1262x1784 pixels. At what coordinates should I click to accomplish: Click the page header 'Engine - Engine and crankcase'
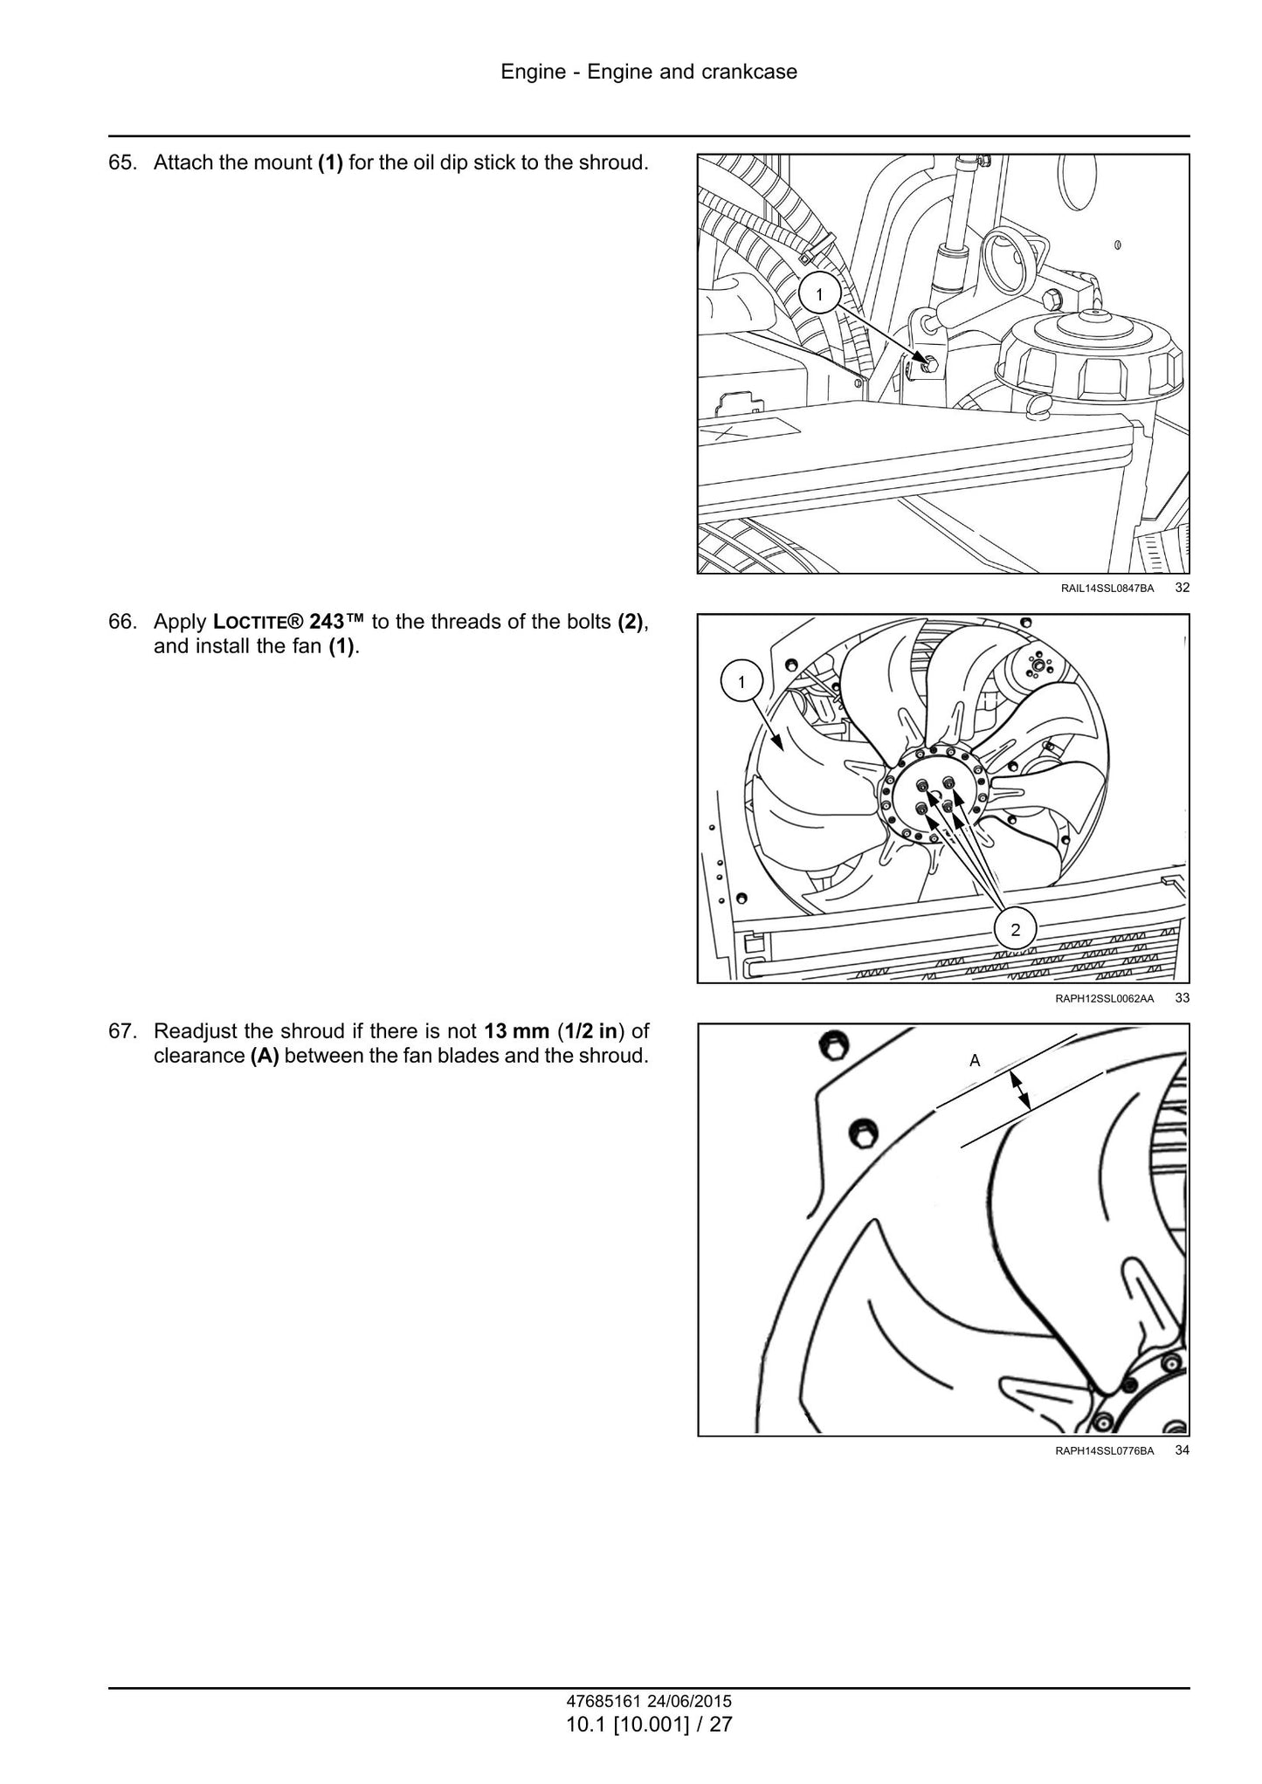coord(649,72)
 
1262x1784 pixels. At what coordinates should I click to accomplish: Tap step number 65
coord(123,163)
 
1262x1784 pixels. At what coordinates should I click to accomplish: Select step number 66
coord(123,623)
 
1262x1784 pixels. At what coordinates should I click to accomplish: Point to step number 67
coord(123,1031)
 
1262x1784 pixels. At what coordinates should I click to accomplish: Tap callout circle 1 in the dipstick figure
coord(818,295)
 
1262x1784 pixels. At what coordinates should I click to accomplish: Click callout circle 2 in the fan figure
coord(1015,930)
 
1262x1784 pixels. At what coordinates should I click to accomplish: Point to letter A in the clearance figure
coord(976,1061)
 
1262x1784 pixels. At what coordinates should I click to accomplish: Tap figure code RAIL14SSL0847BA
coord(1107,589)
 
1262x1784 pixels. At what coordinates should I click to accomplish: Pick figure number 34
coord(1182,1450)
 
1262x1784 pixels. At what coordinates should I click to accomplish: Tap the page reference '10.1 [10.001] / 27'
coord(649,1725)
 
